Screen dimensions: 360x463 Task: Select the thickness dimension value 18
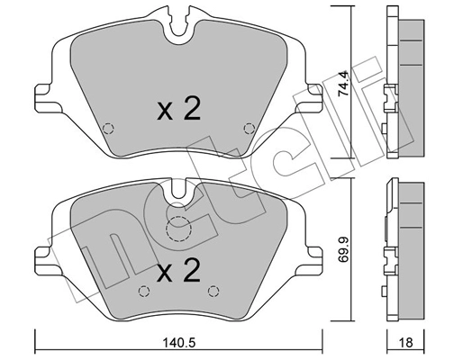(406, 342)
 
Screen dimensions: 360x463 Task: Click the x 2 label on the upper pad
(177, 111)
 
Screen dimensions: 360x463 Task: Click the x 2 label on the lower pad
(177, 270)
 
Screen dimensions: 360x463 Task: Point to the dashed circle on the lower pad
(180, 230)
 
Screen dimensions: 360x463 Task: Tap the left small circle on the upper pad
(108, 126)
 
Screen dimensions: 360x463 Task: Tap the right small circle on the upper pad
(249, 126)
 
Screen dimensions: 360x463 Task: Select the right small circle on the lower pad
(213, 290)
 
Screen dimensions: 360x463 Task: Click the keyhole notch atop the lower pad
(179, 189)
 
